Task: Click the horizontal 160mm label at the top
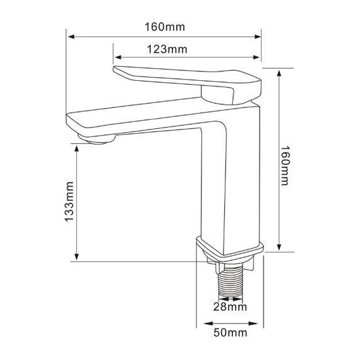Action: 165,27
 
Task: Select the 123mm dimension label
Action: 167,49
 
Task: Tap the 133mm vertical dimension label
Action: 69,201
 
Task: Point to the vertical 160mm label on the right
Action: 285,165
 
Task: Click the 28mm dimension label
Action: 230,306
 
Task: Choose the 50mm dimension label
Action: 231,332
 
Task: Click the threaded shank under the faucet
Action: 231,282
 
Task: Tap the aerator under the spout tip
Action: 97,140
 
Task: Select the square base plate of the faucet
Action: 230,250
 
